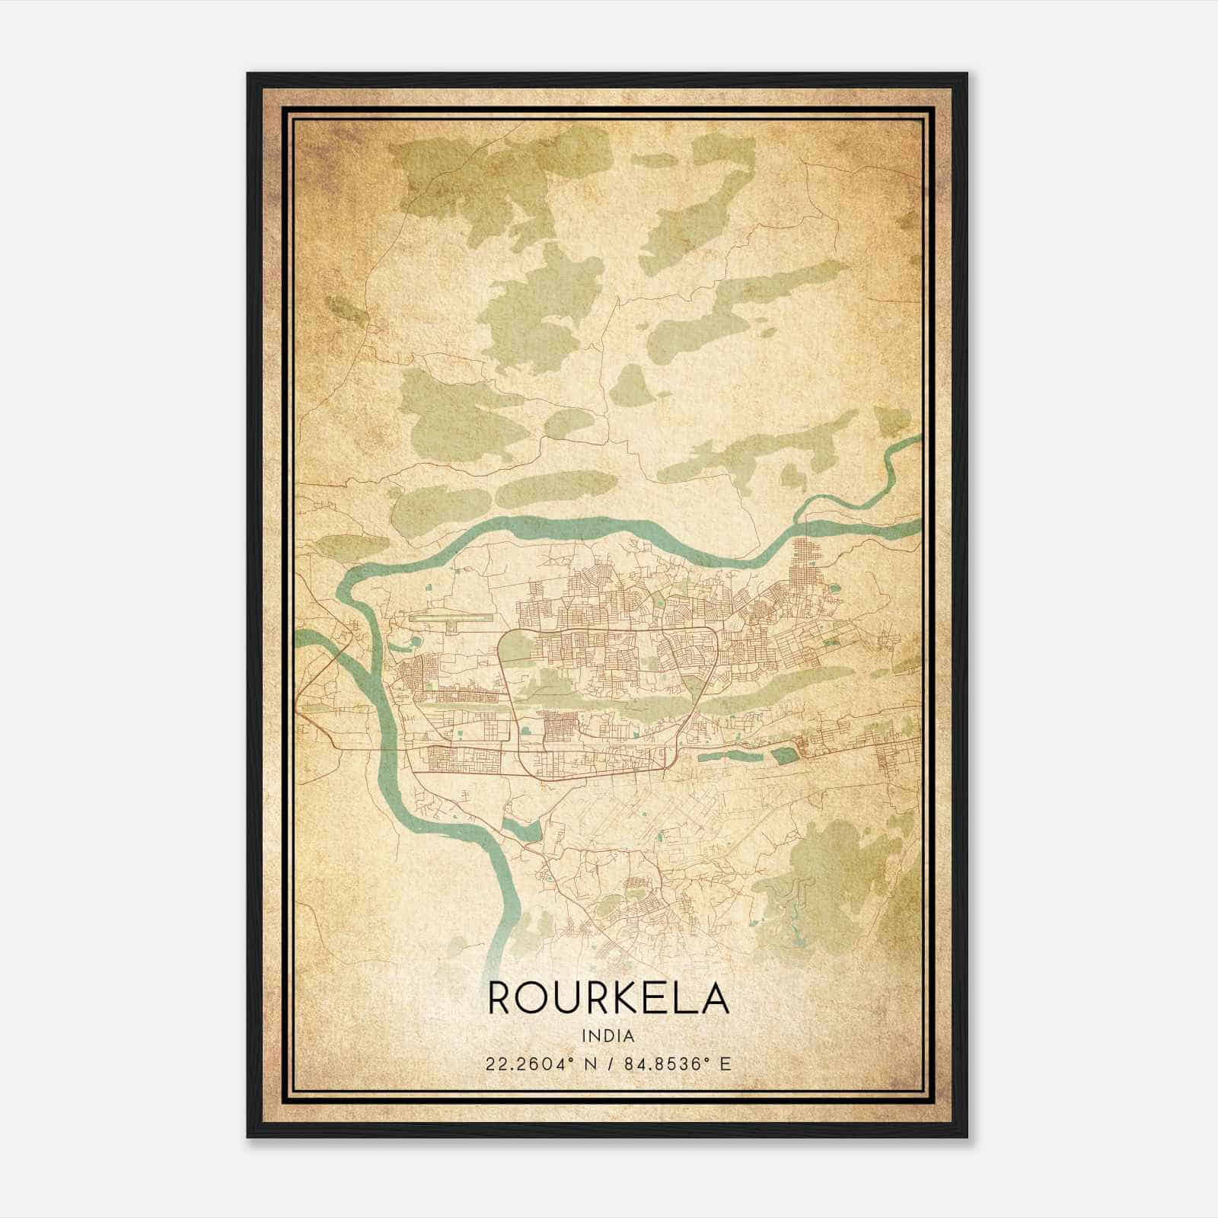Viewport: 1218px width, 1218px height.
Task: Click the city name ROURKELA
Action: [608, 998]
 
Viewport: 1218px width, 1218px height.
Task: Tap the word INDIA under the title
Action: [608, 1036]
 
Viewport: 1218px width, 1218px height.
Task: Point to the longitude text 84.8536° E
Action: [678, 1063]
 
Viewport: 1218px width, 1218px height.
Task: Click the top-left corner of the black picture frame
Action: [249, 75]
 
